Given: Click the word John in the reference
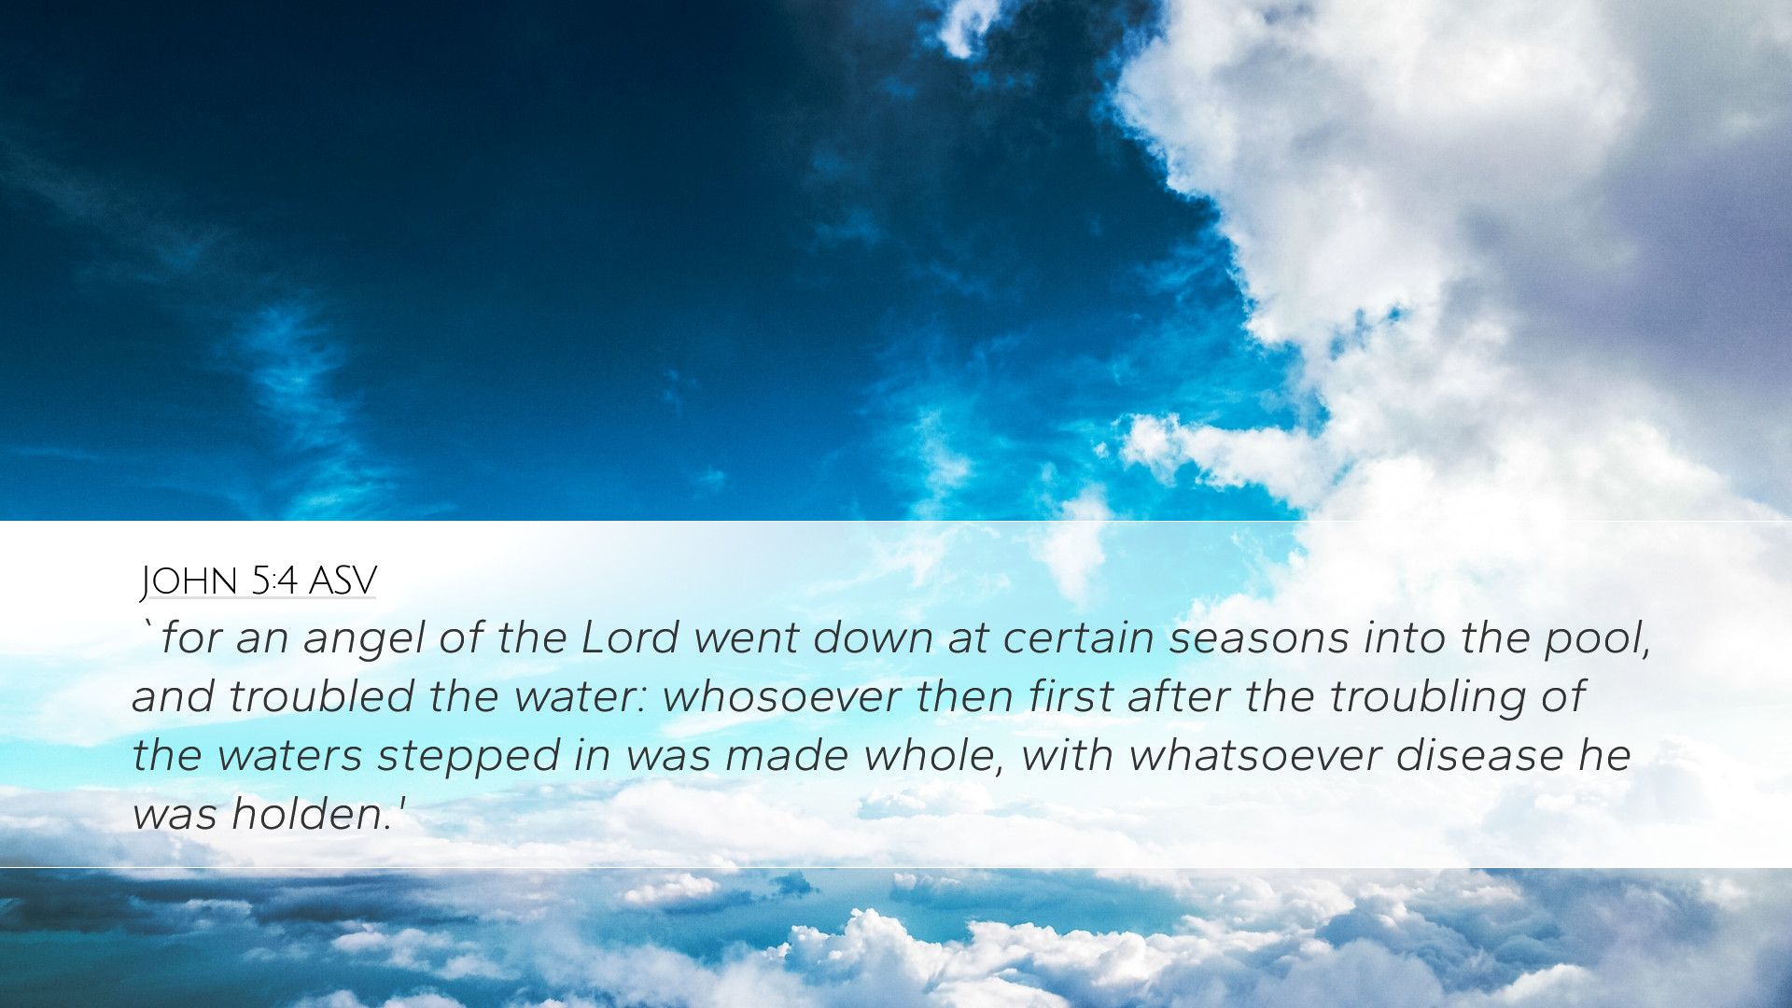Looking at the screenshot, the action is [189, 581].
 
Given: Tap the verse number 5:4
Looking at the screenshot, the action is [274, 581].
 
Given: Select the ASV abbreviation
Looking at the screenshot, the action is [343, 581].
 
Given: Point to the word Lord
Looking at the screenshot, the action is [630, 638].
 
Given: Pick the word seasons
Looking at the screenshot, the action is [1259, 639].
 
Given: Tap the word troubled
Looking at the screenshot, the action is [321, 697].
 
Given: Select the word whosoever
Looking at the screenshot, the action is [781, 697].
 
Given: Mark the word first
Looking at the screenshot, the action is [1071, 696].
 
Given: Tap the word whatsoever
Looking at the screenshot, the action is [1254, 756].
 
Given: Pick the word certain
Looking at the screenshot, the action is [1079, 639].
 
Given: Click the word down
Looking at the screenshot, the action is [873, 638].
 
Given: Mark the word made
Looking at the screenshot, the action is [786, 756].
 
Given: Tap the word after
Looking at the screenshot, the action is [1178, 696].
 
